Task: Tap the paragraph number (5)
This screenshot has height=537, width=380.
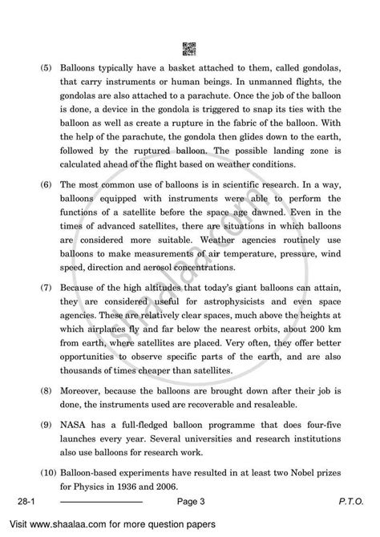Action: [x=39, y=71]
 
